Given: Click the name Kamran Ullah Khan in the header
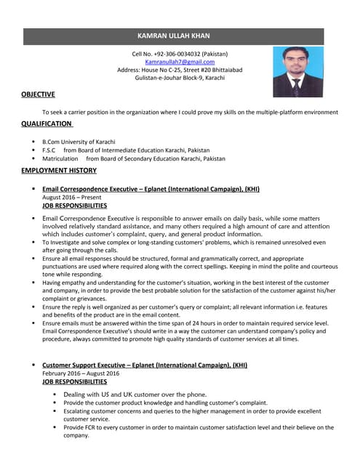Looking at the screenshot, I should (180, 35).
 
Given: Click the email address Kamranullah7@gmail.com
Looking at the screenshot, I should (180, 62).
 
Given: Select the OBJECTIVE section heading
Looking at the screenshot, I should (38, 94).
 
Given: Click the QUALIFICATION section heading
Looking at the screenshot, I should (47, 124).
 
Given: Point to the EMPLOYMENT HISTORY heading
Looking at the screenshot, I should (59, 170).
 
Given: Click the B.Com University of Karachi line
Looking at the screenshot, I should (79, 142).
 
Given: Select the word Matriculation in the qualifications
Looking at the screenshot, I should (60, 158).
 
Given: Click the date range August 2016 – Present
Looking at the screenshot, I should (72, 197).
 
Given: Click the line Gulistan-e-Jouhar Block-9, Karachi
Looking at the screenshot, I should (180, 78).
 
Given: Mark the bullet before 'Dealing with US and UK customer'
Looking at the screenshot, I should (55, 395).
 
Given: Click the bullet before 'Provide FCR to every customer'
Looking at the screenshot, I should (55, 427).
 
